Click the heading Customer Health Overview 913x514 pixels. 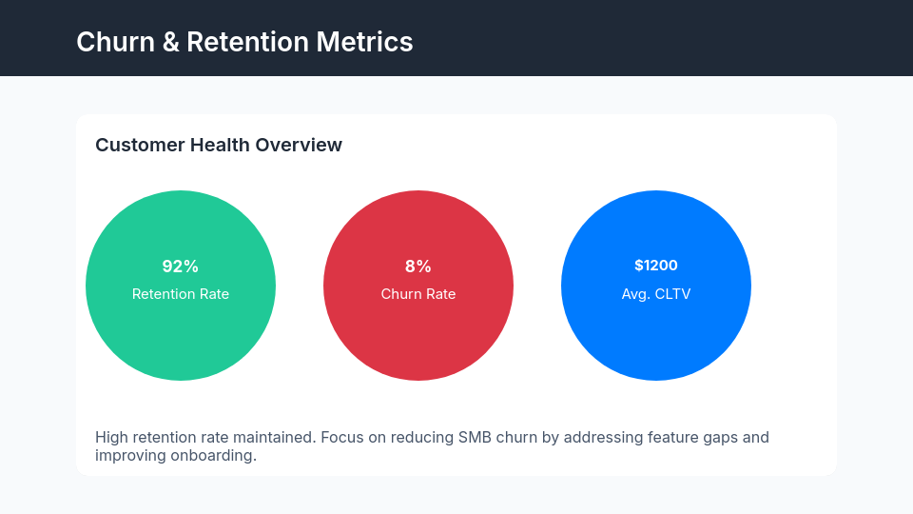pos(219,145)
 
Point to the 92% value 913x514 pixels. pos(181,267)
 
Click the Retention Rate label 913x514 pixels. pos(181,294)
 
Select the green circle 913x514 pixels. pos(181,343)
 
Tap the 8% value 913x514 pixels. pos(418,267)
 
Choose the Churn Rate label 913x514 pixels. pos(418,294)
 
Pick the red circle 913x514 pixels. pos(418,343)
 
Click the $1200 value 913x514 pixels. pos(656,266)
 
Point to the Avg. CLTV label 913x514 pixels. pos(656,294)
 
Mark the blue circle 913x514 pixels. pos(656,343)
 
